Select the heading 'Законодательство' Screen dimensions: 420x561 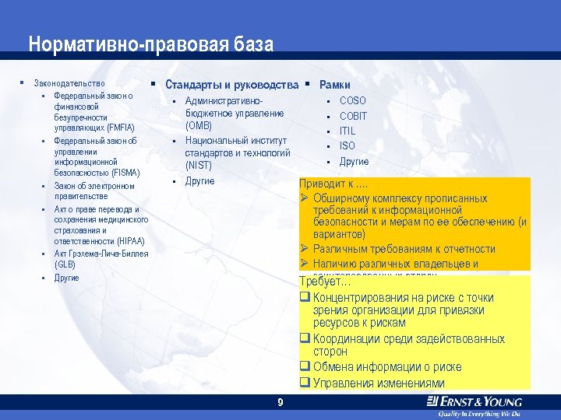pos(69,83)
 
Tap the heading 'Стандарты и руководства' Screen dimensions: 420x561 pos(231,84)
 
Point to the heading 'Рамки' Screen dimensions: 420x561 pos(335,84)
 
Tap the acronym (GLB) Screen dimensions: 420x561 pos(65,264)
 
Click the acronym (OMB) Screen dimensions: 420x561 pos(199,126)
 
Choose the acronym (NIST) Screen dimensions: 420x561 pos(199,166)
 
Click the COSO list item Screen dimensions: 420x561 pos(352,101)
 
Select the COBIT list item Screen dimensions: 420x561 pos(353,116)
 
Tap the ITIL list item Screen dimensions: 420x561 pos(348,131)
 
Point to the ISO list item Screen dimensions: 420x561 pos(347,145)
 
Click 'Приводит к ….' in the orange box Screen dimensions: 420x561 pos(334,185)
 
